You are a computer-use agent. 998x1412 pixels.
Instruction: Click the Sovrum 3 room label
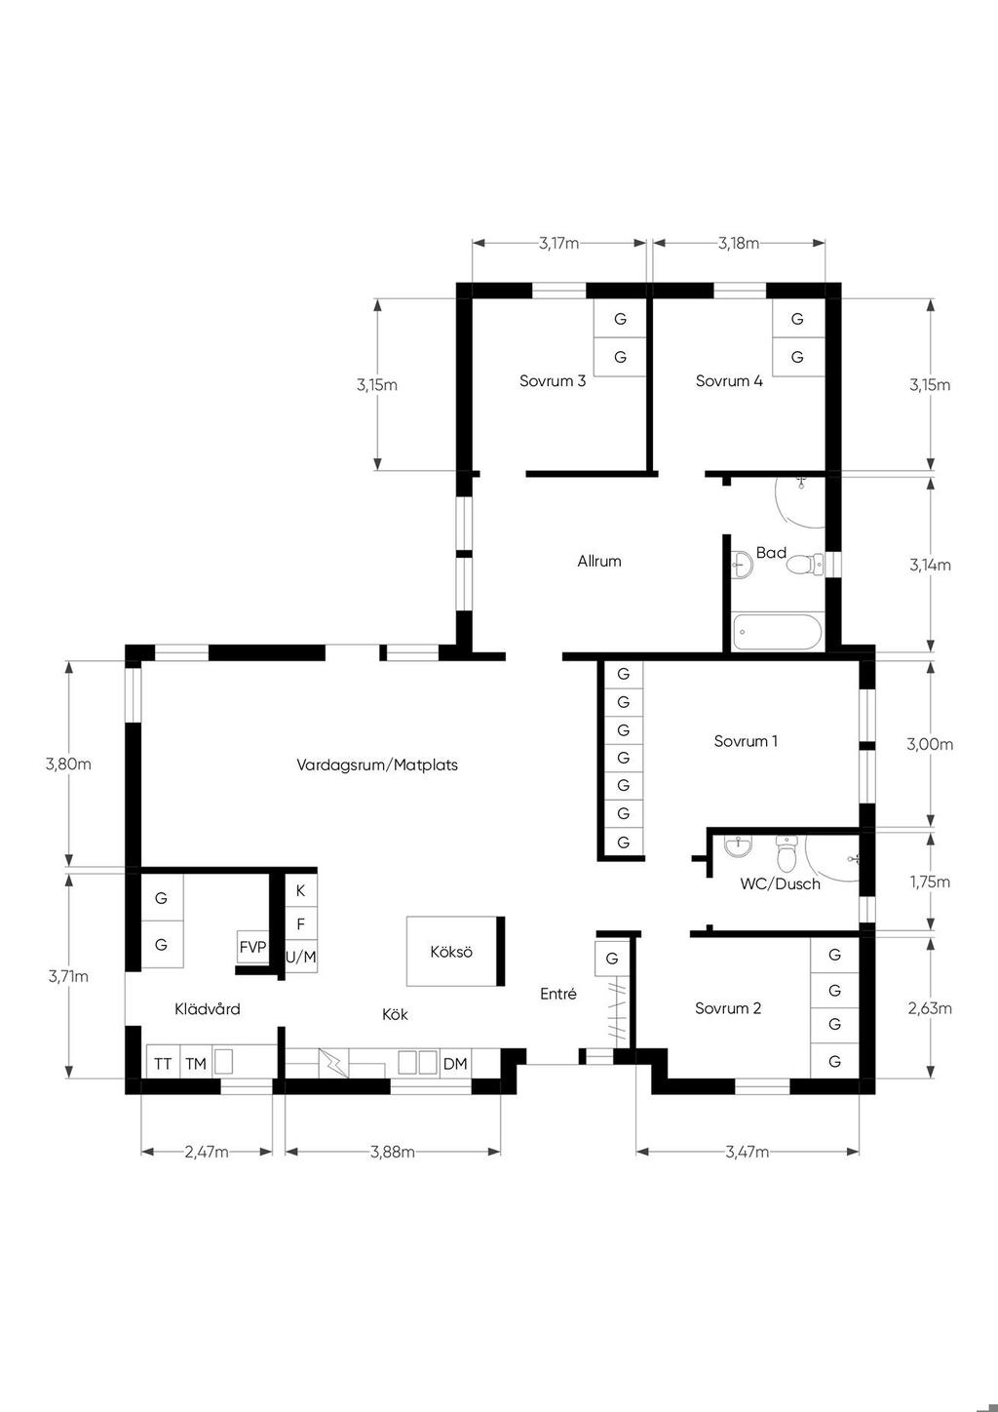pos(553,380)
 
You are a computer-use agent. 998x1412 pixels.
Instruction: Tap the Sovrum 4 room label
pos(729,380)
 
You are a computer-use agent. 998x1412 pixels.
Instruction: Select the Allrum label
pos(599,561)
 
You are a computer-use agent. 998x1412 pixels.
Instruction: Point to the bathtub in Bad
pos(778,632)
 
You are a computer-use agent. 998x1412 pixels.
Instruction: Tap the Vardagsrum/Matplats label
pos(377,765)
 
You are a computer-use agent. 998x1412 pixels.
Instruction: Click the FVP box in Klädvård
pos(252,947)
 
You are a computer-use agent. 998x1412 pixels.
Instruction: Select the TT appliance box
pos(163,1063)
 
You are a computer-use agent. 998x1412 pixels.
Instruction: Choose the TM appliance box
pos(196,1063)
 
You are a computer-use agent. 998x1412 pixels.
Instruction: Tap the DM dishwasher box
pos(455,1064)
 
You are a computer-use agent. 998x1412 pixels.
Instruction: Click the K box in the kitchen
pos(300,890)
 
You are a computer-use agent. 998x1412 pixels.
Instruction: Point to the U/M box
pos(300,957)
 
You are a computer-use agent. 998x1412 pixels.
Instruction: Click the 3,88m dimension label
pos(393,1153)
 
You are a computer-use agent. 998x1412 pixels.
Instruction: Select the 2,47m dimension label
pos(207,1153)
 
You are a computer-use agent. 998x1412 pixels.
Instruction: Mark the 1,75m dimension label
pos(930,882)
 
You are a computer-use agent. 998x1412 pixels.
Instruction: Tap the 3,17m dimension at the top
pos(558,244)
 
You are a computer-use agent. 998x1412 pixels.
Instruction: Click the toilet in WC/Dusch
pos(786,853)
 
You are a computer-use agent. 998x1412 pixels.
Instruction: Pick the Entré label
pos(558,994)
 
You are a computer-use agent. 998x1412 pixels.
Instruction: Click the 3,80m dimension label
pos(68,764)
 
